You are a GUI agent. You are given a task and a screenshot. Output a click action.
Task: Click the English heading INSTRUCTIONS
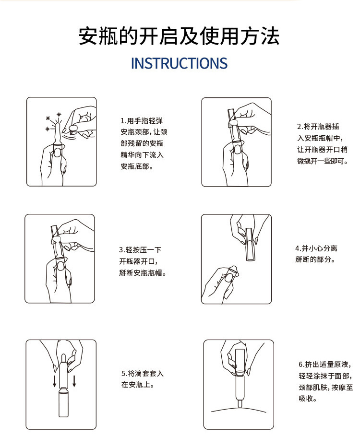(x=179, y=63)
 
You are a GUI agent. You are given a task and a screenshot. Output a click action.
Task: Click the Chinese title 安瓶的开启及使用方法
(x=179, y=36)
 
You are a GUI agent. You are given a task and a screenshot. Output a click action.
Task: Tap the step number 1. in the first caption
(x=123, y=121)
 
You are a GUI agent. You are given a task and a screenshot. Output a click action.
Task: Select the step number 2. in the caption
(x=300, y=127)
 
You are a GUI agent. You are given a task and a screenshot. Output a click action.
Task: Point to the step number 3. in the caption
(x=122, y=250)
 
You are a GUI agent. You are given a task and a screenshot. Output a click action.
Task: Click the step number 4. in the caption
(x=298, y=248)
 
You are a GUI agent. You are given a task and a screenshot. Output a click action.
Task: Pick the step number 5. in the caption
(x=124, y=374)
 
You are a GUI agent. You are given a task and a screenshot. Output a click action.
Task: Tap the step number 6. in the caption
(x=301, y=364)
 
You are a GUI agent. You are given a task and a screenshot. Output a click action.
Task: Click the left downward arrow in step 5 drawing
(x=54, y=381)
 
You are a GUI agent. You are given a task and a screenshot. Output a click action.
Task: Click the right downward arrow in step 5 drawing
(x=74, y=381)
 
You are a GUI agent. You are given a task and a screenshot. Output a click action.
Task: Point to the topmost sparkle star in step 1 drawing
(x=59, y=115)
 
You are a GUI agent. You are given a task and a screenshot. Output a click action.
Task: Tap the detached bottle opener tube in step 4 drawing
(x=249, y=244)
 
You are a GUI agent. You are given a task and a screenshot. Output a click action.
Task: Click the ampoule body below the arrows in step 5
(x=63, y=403)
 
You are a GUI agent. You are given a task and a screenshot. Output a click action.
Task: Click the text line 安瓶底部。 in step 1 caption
(x=137, y=166)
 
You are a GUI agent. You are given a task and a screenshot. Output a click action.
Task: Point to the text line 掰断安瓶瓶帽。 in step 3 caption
(x=143, y=273)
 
